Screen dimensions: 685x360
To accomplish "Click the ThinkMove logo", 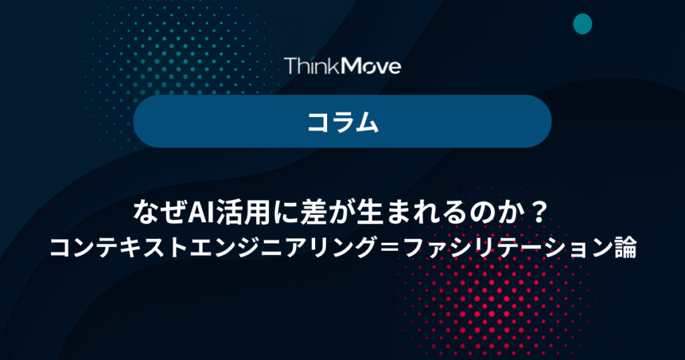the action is pos(342,66).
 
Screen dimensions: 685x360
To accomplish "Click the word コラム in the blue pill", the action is pos(342,122).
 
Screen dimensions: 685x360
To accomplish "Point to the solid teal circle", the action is pos(583,23).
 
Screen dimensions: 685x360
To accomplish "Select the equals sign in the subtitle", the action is pos(390,248).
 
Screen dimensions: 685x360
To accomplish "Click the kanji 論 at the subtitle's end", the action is pos(625,247).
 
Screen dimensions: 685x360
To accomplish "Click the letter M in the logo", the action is pos(351,66).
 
